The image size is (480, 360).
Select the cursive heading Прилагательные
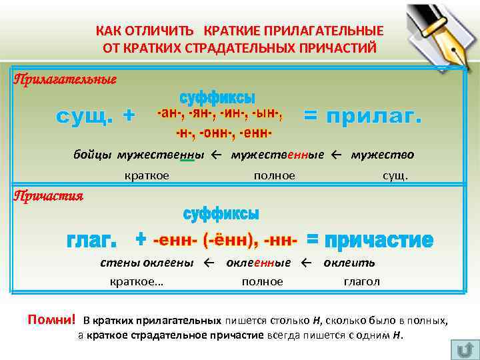click(x=65, y=79)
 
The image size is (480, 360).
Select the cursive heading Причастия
click(x=49, y=196)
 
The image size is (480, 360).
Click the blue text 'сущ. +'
click(x=95, y=116)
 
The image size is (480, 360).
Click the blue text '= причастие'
click(x=370, y=239)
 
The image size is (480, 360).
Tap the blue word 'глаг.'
click(x=91, y=239)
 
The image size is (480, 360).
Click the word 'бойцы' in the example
click(x=93, y=155)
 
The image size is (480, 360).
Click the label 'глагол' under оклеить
click(x=361, y=281)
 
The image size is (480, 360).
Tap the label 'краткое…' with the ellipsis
click(x=137, y=281)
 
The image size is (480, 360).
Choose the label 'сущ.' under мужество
click(x=395, y=175)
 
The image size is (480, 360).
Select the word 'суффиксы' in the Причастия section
click(x=221, y=214)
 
